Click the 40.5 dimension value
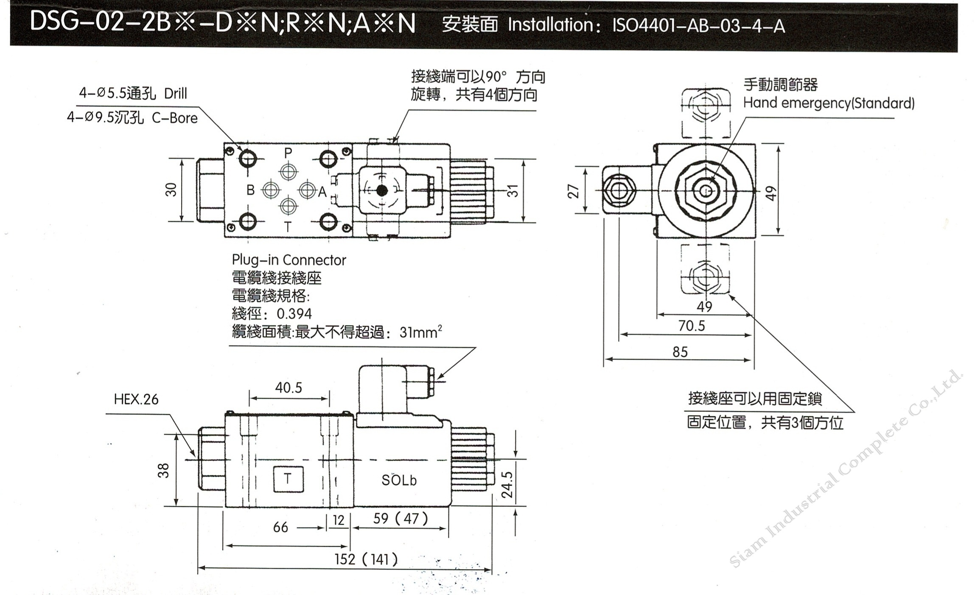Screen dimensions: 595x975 pos(289,387)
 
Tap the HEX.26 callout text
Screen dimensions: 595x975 pos(136,399)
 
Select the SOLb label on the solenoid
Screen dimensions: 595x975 pos(399,480)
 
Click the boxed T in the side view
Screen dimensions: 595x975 pos(288,479)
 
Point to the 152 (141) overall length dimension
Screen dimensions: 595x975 pos(366,559)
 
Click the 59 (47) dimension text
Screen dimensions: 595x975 pos(401,518)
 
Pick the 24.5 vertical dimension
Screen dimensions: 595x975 pos(507,485)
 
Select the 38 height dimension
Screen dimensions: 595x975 pos(163,470)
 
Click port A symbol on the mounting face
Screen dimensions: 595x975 pos(308,190)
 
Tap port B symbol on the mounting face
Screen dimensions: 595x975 pos(271,190)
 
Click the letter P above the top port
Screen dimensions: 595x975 pos(288,153)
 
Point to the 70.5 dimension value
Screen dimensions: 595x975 pos(691,326)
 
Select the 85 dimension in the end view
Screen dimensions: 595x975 pos(680,352)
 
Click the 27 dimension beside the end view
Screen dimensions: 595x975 pos(573,191)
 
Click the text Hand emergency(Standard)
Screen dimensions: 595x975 pos(829,103)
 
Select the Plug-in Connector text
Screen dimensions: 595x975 pos(289,260)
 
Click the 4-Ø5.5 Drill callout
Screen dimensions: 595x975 pos(133,93)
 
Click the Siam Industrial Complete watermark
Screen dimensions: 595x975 pos(844,469)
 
